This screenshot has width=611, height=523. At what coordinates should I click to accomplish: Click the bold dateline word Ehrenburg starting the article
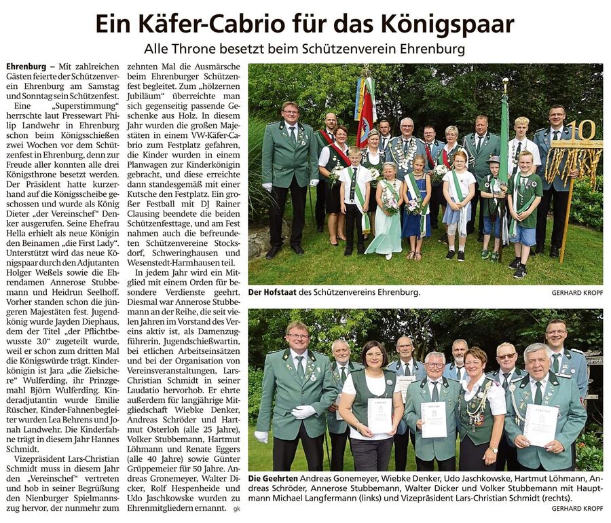[x=28, y=67]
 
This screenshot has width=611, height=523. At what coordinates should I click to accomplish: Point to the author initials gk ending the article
[x=236, y=508]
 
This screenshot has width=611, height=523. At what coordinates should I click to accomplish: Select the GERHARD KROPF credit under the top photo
[x=577, y=293]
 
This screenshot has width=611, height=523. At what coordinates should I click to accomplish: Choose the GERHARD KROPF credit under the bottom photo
[x=577, y=508]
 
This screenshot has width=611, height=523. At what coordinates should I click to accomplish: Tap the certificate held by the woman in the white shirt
[x=379, y=415]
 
